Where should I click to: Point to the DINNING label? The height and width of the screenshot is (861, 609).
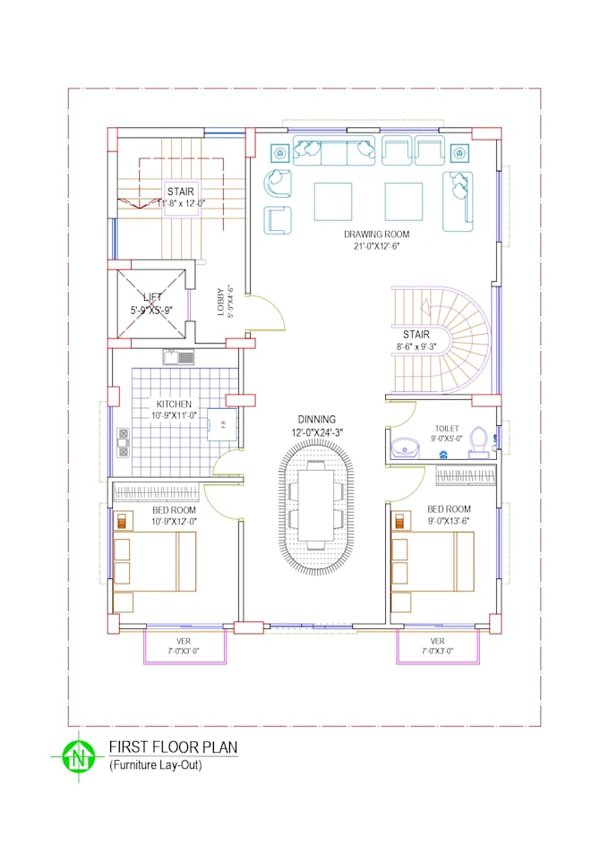pos(317,419)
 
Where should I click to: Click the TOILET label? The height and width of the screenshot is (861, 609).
pos(447,429)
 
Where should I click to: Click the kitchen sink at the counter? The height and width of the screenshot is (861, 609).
pos(178,358)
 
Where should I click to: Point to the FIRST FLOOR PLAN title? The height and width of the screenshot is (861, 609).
pos(173,747)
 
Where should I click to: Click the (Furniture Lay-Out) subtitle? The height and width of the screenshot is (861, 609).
pos(155,766)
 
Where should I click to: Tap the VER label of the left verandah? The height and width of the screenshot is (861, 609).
pos(184,641)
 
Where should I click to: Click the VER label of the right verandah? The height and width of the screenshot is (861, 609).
pos(437,641)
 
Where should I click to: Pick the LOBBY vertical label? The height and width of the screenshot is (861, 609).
pos(220,302)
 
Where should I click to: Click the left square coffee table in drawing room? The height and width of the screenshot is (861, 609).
pos(332,200)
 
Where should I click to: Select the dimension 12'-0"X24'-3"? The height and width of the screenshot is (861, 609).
pos(317,431)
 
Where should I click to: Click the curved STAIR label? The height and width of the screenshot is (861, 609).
pos(416,335)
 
